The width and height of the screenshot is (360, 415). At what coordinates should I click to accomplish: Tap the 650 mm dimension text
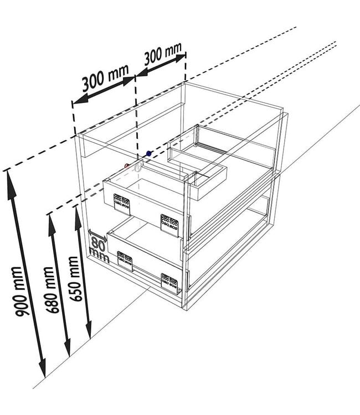(x=74, y=279)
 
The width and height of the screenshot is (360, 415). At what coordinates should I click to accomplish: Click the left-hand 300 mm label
(x=105, y=78)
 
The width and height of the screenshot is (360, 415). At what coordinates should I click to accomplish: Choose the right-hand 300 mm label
(x=163, y=54)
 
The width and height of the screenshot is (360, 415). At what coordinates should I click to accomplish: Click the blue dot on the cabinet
(x=149, y=153)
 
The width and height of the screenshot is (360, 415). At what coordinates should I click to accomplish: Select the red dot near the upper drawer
(x=127, y=166)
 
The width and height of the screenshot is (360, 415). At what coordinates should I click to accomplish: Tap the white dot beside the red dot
(x=137, y=168)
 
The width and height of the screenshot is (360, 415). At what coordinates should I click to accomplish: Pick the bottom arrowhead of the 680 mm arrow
(x=68, y=347)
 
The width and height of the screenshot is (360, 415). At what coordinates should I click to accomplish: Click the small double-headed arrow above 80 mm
(x=97, y=236)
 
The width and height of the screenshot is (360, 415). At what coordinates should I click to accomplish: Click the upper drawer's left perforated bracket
(x=122, y=204)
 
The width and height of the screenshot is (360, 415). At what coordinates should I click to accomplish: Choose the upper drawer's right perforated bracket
(x=170, y=226)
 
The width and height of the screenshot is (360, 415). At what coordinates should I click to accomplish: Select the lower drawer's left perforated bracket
(x=125, y=261)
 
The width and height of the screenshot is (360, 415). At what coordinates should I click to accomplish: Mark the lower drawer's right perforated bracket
(x=169, y=283)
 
